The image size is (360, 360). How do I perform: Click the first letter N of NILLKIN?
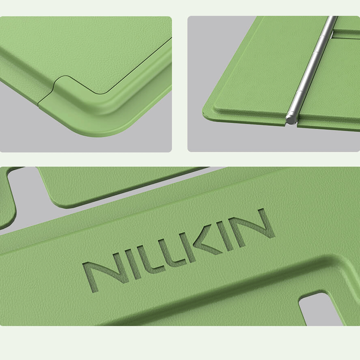pyautogui.click(x=101, y=275)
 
